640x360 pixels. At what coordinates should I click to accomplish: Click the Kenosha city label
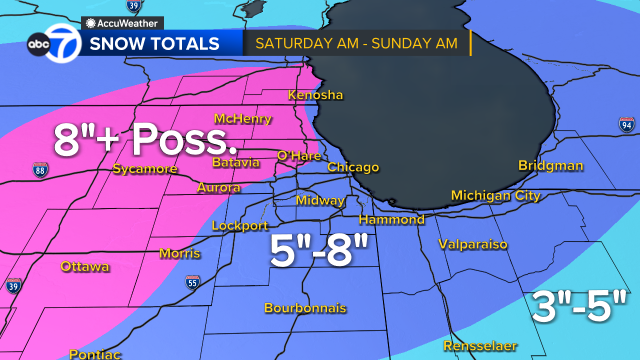click(x=315, y=95)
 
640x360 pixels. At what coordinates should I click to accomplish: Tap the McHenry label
click(x=243, y=119)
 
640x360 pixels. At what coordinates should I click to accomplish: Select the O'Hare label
click(x=297, y=155)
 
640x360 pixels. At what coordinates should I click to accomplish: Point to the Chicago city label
click(x=353, y=167)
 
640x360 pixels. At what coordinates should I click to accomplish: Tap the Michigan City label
click(x=495, y=195)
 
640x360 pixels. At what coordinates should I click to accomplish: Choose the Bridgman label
click(x=550, y=165)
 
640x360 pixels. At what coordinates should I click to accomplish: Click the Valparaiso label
click(x=473, y=244)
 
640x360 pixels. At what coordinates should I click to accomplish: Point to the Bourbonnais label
click(x=304, y=308)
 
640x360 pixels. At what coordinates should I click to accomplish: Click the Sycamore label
click(x=145, y=169)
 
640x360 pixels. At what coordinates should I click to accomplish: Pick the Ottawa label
click(x=84, y=267)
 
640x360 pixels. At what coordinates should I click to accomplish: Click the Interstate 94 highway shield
click(x=626, y=125)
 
